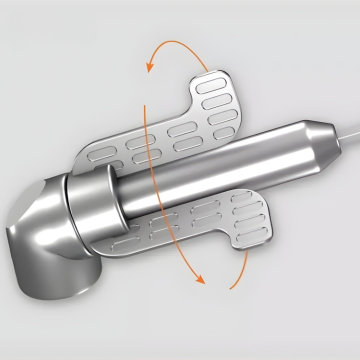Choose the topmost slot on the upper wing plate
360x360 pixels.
point(211,83)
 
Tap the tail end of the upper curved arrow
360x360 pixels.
point(207,70)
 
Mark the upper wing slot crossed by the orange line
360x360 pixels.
point(141,142)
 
